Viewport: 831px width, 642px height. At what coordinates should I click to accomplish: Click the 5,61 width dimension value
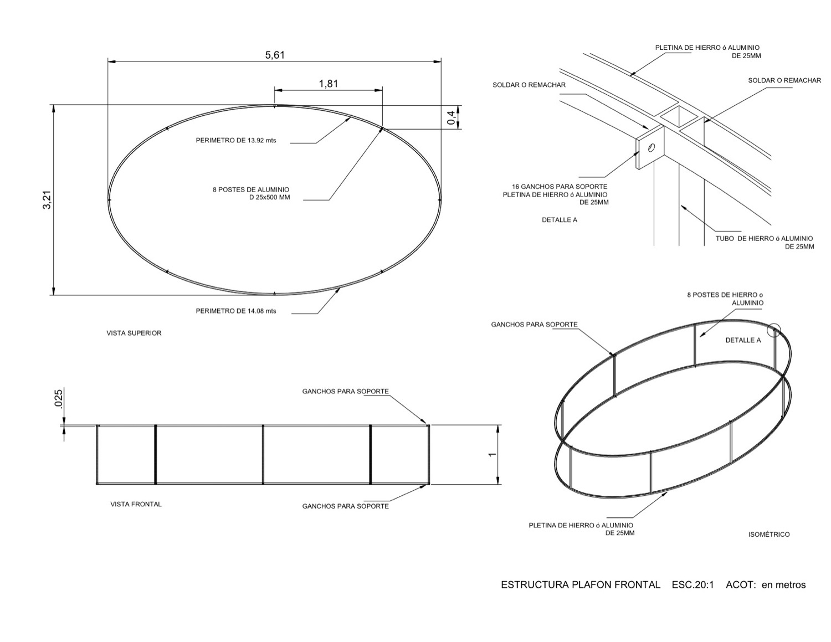(x=274, y=55)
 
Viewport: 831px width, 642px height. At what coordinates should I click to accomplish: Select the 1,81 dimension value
(x=328, y=84)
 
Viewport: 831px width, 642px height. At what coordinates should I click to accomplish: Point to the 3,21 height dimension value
(x=47, y=200)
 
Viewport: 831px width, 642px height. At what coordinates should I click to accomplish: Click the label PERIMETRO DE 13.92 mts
(x=235, y=141)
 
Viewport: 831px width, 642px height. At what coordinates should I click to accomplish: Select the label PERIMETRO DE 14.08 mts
(x=235, y=311)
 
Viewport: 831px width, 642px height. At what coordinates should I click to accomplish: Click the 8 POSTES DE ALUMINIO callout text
(x=251, y=193)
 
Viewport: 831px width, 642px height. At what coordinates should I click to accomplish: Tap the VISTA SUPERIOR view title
(x=134, y=333)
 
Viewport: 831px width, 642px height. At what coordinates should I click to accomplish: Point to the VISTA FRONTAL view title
(x=136, y=505)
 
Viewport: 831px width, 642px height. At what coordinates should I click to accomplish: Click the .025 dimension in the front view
(x=58, y=398)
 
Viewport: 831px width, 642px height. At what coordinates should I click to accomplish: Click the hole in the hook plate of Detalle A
(x=651, y=147)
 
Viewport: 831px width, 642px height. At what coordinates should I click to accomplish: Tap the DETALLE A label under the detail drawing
(x=560, y=220)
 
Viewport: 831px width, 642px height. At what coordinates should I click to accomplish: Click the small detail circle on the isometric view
(x=774, y=331)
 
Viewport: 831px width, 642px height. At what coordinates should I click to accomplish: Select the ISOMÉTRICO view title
(x=769, y=535)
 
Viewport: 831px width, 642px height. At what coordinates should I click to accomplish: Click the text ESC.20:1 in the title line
(x=693, y=585)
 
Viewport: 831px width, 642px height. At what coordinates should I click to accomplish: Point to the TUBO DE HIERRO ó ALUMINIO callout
(x=765, y=243)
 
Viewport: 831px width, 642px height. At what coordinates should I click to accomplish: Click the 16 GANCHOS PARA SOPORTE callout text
(x=559, y=194)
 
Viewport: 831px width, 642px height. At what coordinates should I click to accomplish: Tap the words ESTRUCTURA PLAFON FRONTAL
(x=580, y=585)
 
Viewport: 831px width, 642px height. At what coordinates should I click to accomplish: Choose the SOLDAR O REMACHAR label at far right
(x=784, y=81)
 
